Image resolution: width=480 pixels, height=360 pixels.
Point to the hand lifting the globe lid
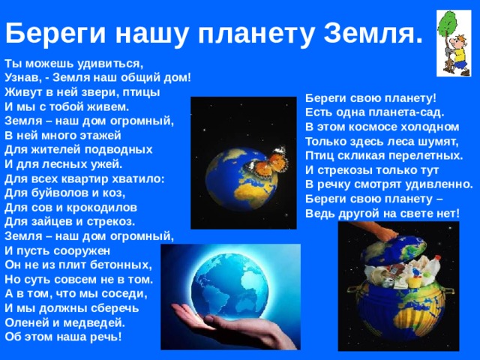click(x=379, y=234)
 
